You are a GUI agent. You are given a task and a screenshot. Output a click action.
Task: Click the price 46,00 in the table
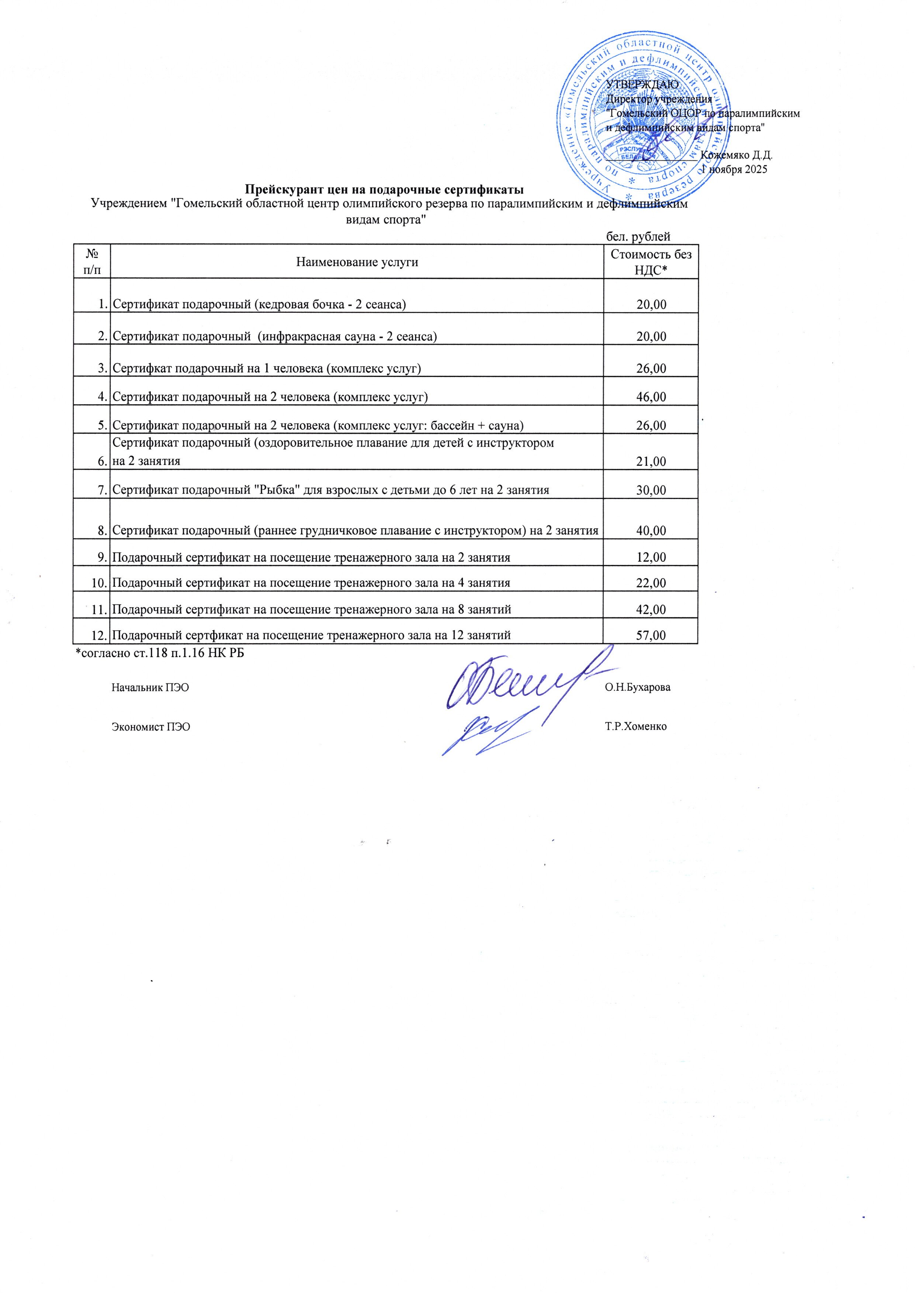651,397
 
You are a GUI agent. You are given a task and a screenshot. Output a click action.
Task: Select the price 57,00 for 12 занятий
651,635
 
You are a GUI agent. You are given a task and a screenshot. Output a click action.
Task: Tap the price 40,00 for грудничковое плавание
651,531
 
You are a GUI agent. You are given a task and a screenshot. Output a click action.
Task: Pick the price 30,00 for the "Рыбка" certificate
651,490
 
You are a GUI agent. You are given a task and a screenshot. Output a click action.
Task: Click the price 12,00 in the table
651,558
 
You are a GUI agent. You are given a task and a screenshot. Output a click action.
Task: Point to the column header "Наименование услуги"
357,262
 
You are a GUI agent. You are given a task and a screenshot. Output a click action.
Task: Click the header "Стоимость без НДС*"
651,262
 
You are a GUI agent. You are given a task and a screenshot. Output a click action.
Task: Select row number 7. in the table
102,490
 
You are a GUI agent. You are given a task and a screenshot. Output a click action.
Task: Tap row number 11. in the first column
100,609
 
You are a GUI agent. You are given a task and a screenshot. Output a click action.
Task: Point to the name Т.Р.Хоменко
635,727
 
